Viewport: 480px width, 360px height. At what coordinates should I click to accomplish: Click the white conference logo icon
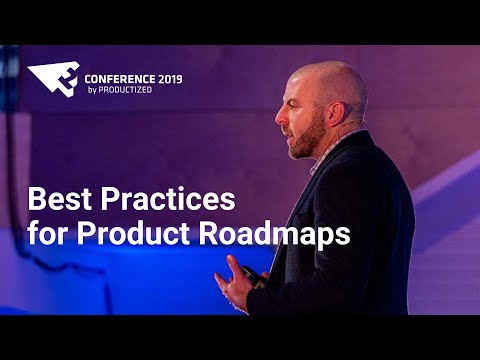52,78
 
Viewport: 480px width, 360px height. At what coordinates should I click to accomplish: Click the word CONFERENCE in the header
119,77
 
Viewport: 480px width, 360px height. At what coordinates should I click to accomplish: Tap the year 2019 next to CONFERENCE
169,77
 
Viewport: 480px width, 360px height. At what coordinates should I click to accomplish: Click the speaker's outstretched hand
236,283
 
